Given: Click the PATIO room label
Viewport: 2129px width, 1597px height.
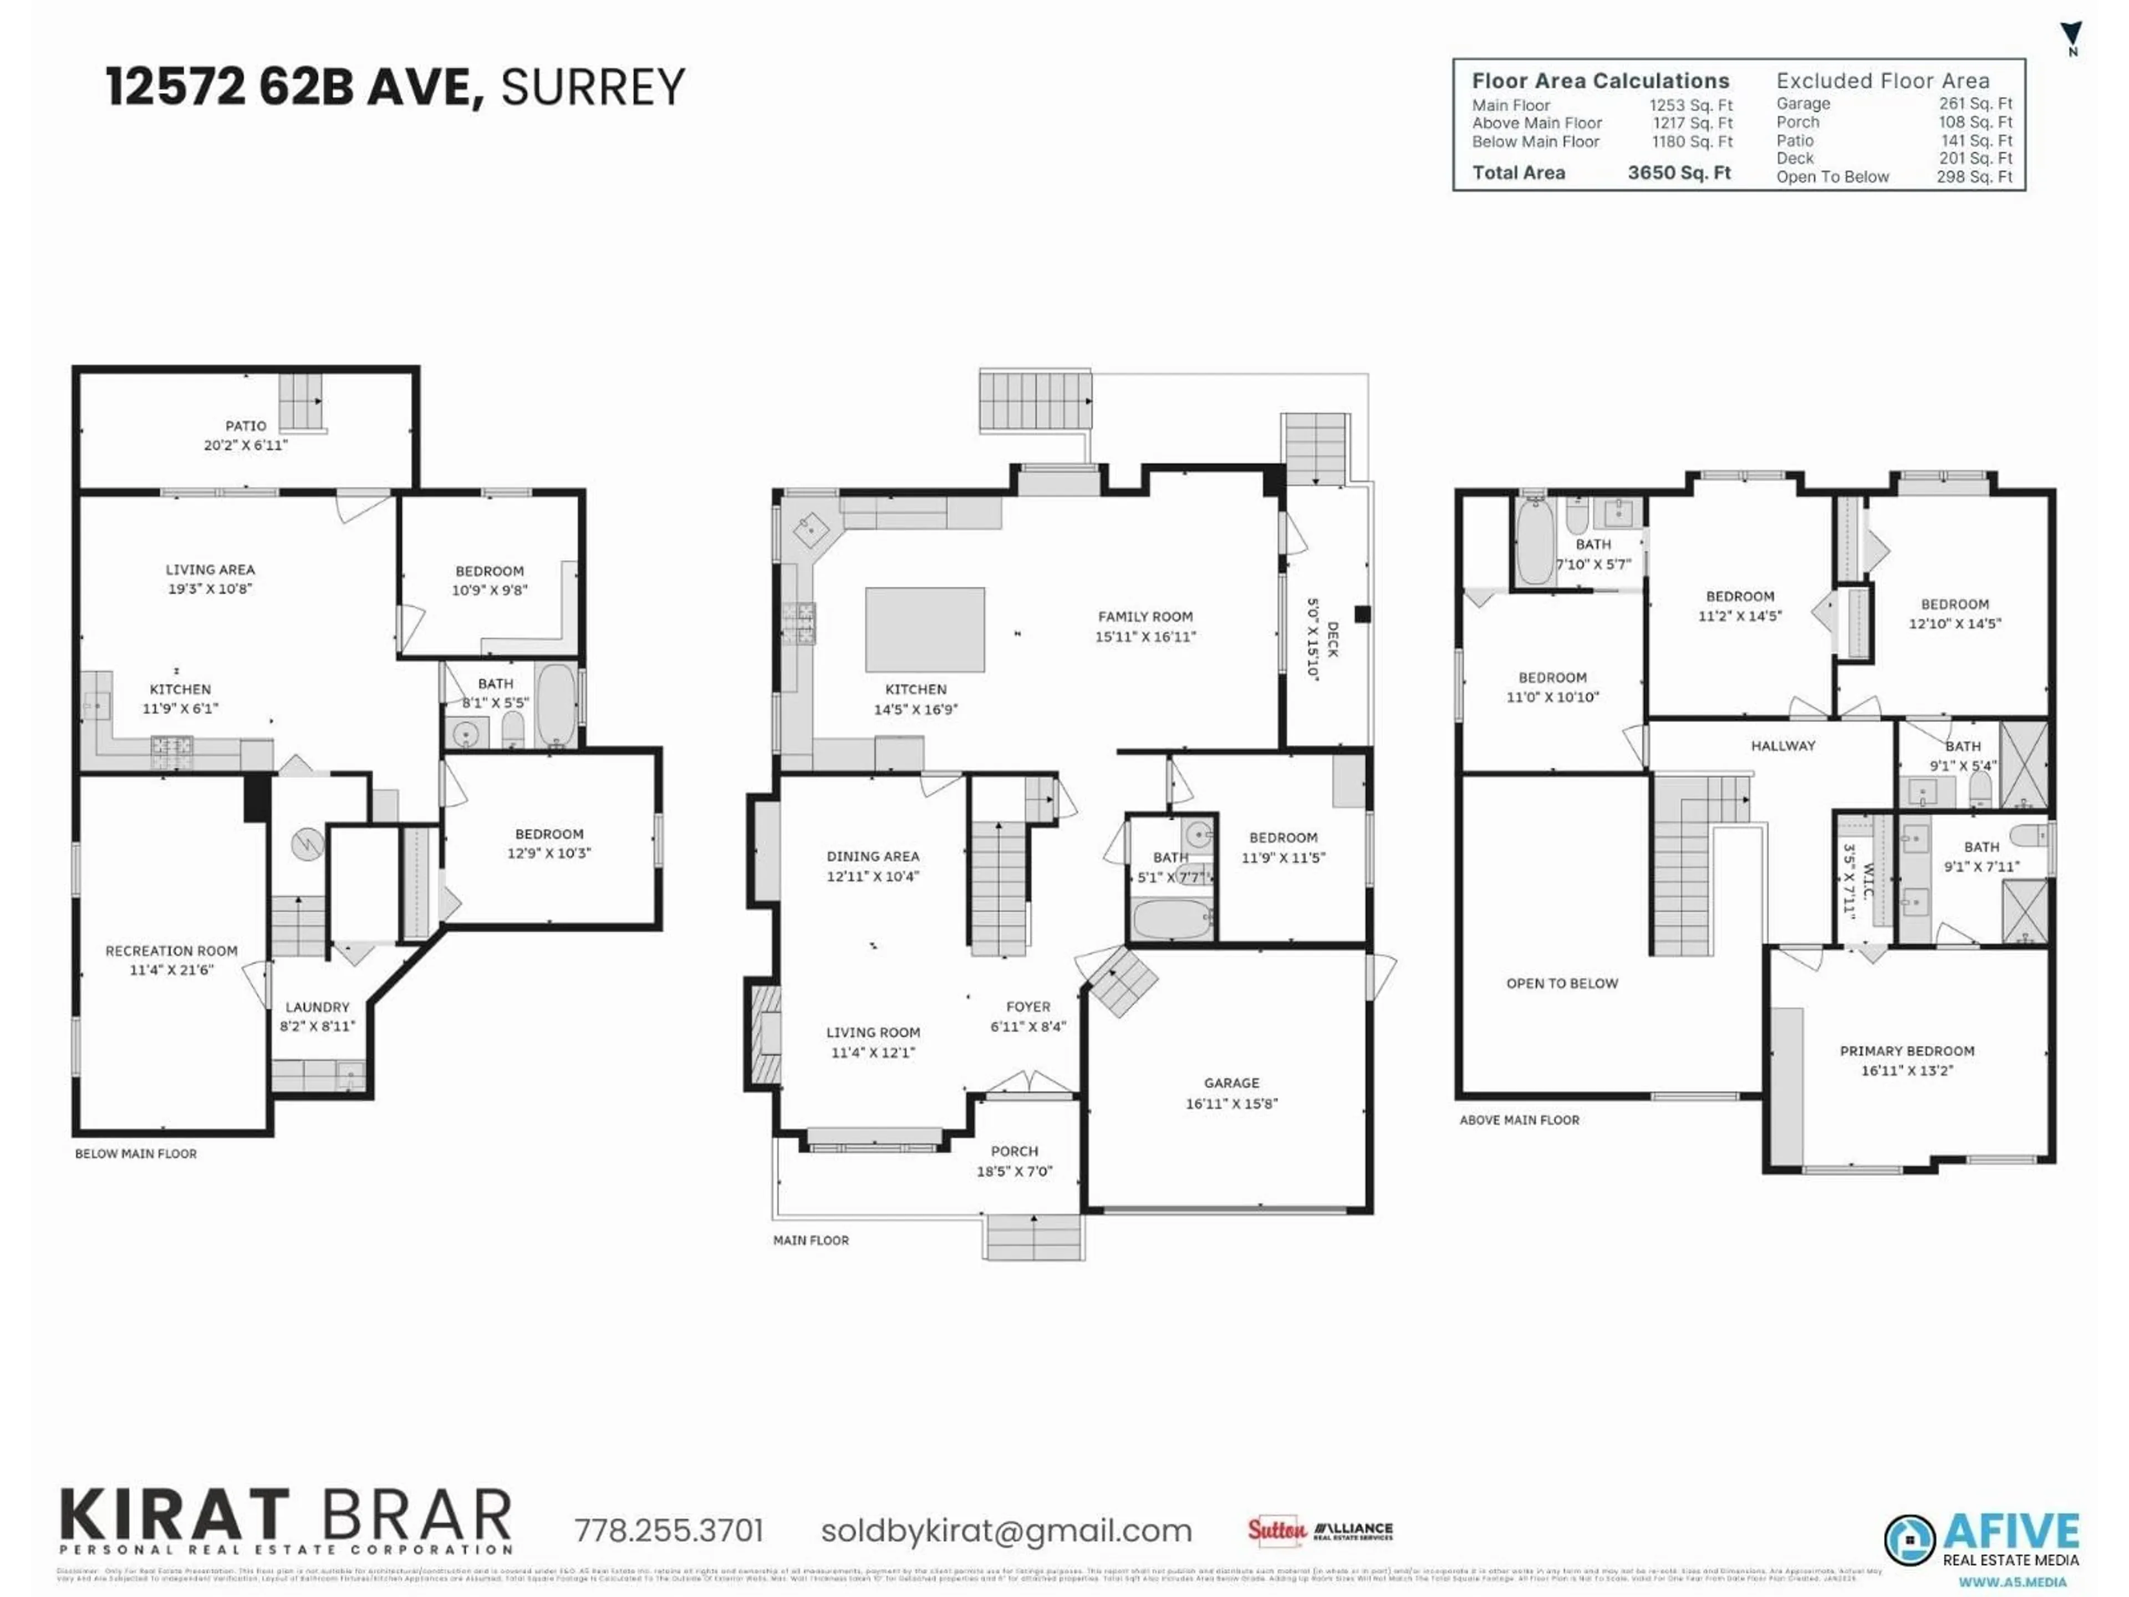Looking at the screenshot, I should click(x=246, y=425).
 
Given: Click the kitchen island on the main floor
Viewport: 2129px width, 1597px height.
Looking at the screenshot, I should click(x=924, y=629).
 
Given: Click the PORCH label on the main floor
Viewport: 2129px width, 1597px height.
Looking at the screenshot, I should click(x=1015, y=1151).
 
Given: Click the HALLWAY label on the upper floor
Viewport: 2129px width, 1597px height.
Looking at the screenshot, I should click(x=1782, y=746).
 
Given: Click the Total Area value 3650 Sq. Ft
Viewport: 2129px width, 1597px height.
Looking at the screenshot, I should click(x=1679, y=173).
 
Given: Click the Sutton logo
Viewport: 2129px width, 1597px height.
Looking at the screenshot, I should click(x=1276, y=1530).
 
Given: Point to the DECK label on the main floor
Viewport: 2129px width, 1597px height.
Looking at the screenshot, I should click(x=1332, y=639).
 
